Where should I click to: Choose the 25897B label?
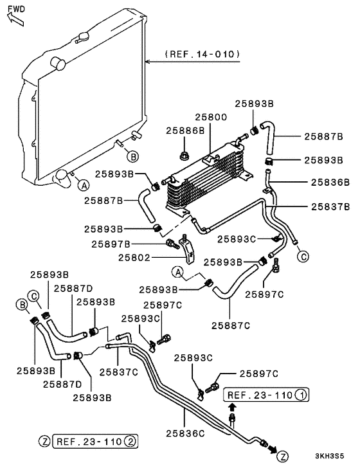pos(111,244)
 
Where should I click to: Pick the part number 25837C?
pos(118,371)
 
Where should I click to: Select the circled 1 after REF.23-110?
pos(300,393)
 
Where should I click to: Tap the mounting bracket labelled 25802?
pos(188,251)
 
